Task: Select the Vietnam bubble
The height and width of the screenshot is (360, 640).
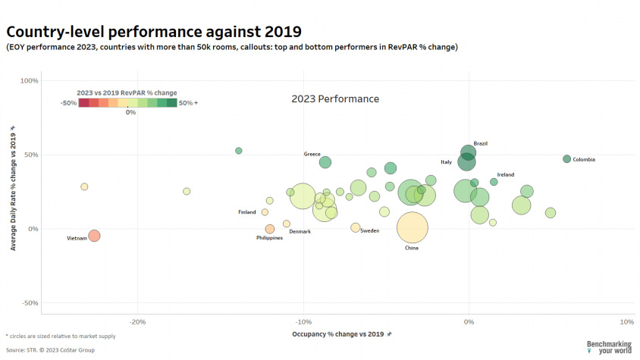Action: click(x=94, y=236)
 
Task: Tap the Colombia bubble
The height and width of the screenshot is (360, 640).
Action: click(x=566, y=159)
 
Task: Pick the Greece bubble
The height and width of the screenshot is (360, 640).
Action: click(x=325, y=162)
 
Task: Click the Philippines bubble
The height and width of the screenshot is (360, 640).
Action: click(x=270, y=229)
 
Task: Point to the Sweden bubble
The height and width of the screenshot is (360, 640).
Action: click(x=356, y=227)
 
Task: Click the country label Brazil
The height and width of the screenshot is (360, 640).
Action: click(x=480, y=143)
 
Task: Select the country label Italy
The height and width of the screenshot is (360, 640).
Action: click(x=446, y=162)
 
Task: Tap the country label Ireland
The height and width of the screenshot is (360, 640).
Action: click(x=505, y=175)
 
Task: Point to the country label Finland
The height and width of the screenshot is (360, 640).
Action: click(x=247, y=212)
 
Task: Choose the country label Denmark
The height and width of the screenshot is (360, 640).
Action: click(x=300, y=231)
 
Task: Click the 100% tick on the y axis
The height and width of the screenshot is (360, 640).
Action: click(x=29, y=80)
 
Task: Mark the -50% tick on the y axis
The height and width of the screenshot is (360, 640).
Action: click(x=29, y=303)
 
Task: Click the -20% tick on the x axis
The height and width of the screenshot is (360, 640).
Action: click(x=137, y=321)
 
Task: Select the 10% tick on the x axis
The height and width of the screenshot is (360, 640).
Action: click(x=626, y=321)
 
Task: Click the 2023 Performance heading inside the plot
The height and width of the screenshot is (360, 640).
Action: click(x=335, y=99)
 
